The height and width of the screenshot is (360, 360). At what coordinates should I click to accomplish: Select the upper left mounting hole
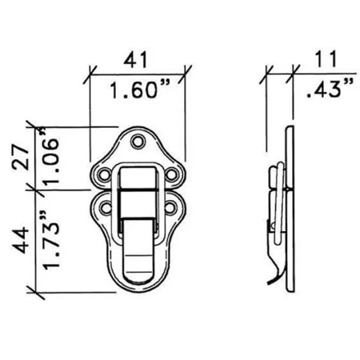pos(105,173)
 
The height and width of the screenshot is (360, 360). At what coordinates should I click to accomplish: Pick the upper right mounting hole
pos(170,173)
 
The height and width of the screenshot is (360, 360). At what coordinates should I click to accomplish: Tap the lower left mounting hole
pos(105,210)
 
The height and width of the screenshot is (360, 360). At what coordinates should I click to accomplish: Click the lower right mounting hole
pos(170,210)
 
